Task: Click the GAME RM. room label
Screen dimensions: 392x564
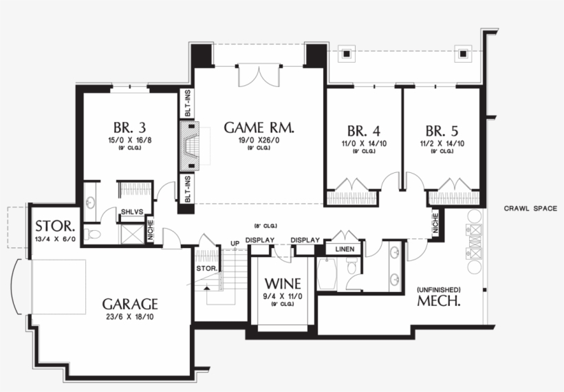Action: (x=260, y=127)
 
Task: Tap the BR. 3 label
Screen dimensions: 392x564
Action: (x=129, y=127)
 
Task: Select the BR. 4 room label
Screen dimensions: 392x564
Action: (x=364, y=131)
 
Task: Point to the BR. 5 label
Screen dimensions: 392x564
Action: (x=442, y=131)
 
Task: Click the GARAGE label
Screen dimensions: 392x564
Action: (x=131, y=304)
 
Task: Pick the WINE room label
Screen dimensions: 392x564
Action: (x=282, y=283)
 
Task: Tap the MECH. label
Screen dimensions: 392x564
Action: (x=439, y=301)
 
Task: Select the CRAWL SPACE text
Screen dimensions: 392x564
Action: (x=530, y=208)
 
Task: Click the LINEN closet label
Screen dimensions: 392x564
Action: (x=345, y=249)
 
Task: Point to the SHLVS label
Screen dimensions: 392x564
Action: (x=131, y=212)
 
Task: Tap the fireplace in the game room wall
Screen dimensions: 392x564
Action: (x=189, y=146)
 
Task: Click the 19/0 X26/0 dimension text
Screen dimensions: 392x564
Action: (x=260, y=140)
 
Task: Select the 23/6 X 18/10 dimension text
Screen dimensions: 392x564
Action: (x=131, y=318)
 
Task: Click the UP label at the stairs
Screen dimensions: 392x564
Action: (x=235, y=243)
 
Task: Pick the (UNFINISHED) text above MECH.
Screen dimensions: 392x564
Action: (x=439, y=289)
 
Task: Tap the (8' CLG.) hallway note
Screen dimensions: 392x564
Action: (x=265, y=226)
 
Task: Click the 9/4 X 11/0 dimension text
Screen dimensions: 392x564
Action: (x=282, y=296)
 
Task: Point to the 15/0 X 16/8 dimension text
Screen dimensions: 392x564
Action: (x=129, y=140)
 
